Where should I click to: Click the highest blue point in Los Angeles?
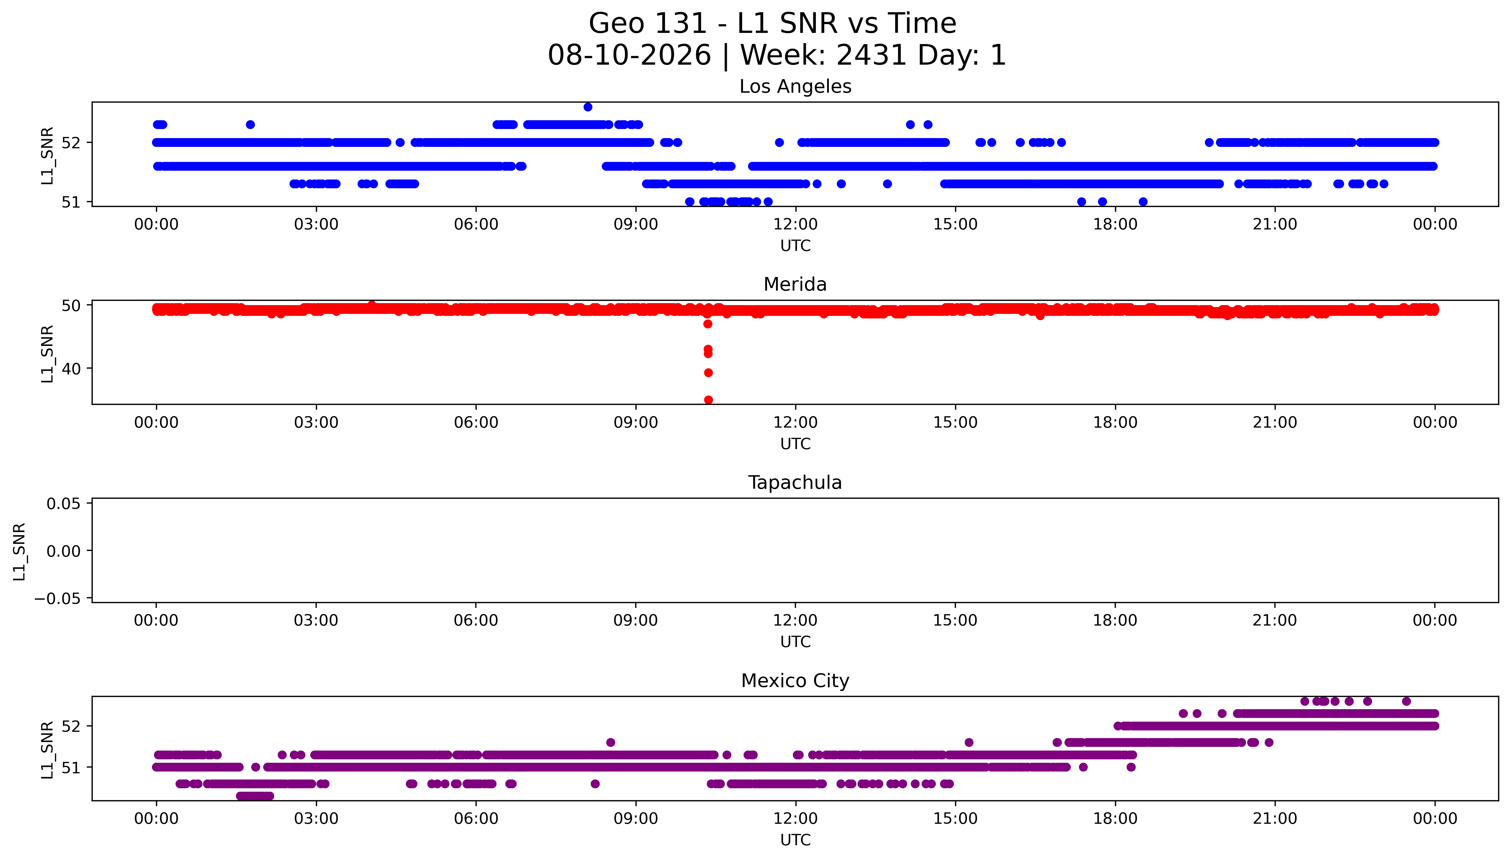[x=588, y=107]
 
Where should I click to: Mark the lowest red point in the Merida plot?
[x=708, y=400]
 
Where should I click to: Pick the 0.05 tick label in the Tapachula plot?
[x=64, y=504]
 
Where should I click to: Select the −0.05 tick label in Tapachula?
[x=57, y=599]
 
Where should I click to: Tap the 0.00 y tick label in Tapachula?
[x=64, y=551]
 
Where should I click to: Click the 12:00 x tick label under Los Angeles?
[x=795, y=225]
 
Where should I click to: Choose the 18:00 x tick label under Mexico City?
[x=1115, y=819]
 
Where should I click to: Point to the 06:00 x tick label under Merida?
[x=476, y=422]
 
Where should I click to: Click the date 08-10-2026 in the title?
[x=630, y=56]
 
